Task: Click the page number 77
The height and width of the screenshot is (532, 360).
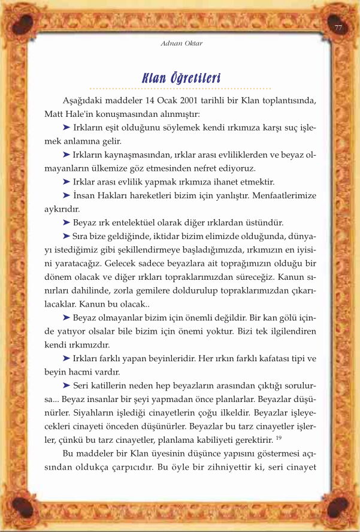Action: (x=338, y=28)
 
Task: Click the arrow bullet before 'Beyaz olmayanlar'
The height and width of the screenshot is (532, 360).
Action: (x=66, y=316)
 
